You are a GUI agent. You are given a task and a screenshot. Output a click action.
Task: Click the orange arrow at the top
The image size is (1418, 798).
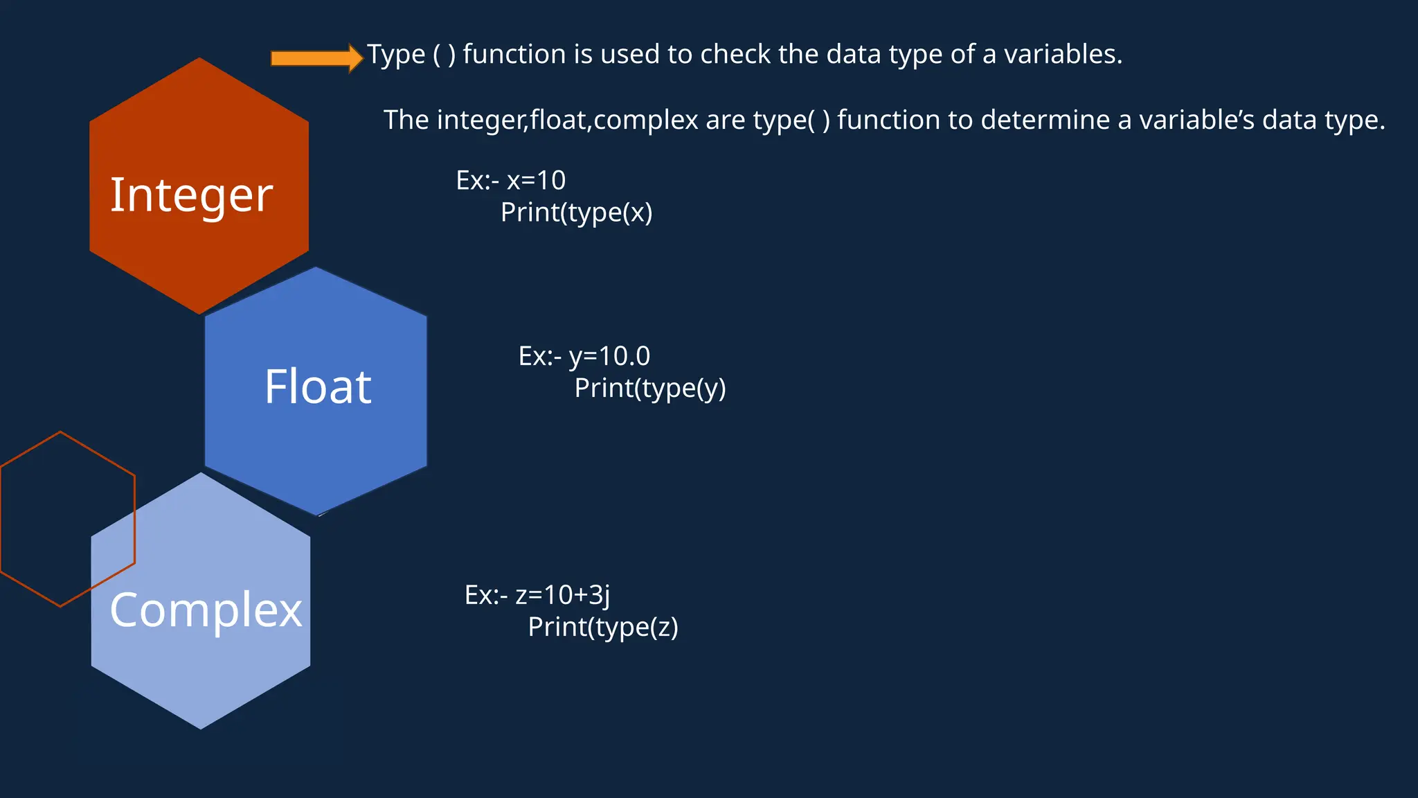316,58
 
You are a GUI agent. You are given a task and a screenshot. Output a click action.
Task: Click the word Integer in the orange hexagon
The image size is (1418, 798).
192,195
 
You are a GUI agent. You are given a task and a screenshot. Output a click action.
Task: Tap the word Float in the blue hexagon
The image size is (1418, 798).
318,387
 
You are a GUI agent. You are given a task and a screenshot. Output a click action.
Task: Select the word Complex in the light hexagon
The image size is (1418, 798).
206,611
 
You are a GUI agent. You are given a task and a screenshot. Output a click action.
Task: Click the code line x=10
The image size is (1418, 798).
536,181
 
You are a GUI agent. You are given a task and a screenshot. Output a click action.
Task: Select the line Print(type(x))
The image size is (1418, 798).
576,213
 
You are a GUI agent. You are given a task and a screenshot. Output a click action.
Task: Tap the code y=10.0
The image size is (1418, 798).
609,357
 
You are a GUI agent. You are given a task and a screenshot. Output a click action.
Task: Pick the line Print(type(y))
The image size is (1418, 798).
649,389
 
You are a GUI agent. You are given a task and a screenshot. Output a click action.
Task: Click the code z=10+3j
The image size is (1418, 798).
562,595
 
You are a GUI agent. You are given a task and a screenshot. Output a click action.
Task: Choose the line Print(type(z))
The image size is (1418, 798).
602,628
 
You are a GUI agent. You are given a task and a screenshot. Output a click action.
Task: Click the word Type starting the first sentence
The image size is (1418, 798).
396,55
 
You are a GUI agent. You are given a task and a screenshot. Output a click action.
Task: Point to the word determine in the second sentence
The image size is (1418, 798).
1045,120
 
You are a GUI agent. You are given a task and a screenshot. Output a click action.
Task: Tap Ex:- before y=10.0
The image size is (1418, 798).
539,357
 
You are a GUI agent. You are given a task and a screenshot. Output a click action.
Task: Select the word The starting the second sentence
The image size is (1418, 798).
406,120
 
